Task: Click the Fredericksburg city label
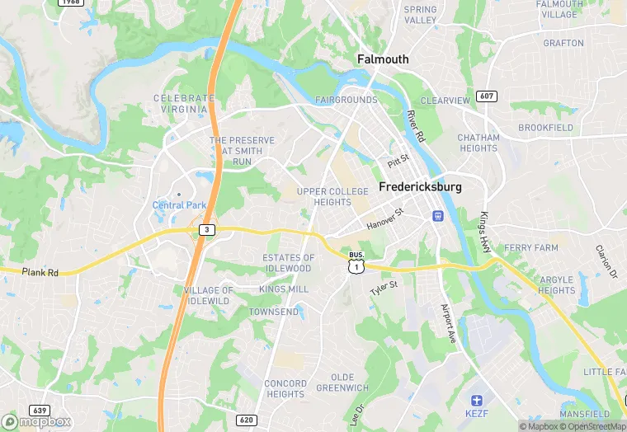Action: [x=420, y=187]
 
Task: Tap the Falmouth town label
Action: [x=382, y=59]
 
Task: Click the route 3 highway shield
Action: [x=206, y=229]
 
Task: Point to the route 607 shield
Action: [x=487, y=96]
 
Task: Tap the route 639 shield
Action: [x=39, y=410]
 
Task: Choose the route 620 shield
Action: [x=246, y=420]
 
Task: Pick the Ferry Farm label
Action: [x=531, y=247]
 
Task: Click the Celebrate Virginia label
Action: [x=184, y=103]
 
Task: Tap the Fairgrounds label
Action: [x=346, y=100]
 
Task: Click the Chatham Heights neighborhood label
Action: [x=478, y=143]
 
